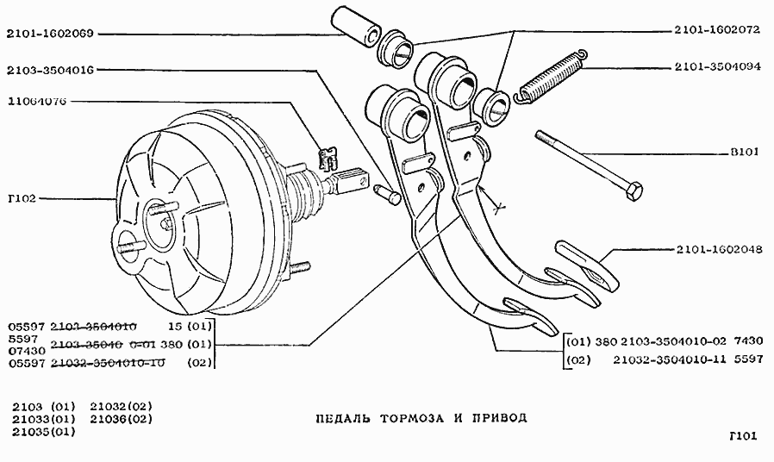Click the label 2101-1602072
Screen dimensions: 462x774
pos(717,30)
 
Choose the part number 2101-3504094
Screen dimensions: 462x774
pos(717,66)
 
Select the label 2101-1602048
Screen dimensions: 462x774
pos(717,251)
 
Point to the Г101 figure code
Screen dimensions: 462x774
pos(740,437)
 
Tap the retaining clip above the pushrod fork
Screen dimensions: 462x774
pos(328,158)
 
